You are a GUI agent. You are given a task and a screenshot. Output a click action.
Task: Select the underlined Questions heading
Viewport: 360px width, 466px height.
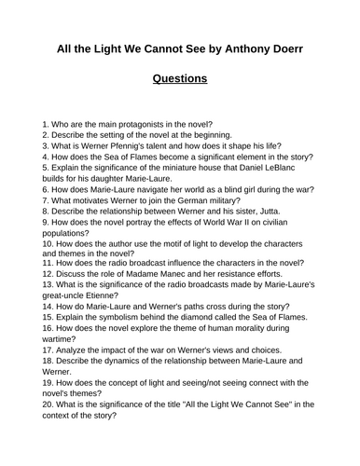[179, 78]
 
